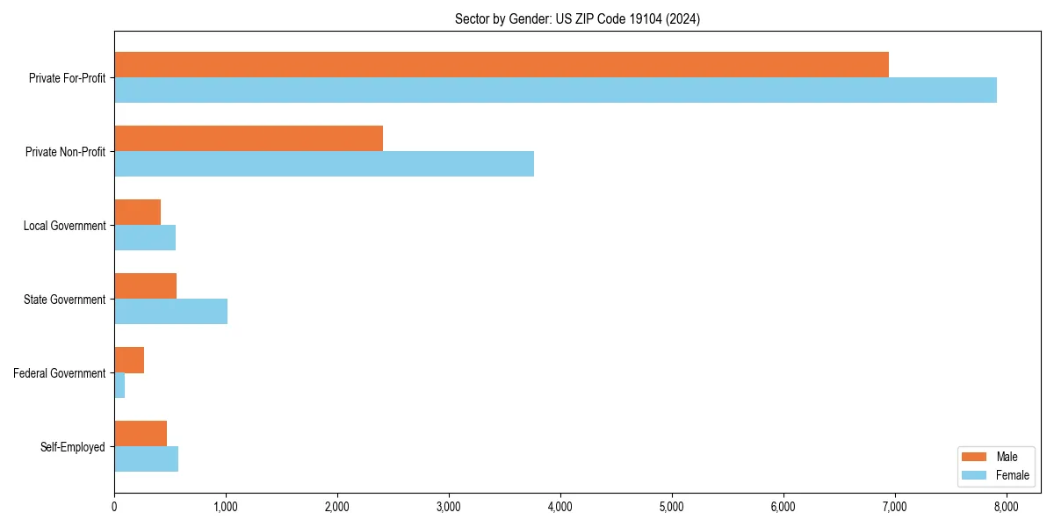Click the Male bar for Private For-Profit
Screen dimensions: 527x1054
[x=501, y=65]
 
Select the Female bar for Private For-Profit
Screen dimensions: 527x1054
[x=555, y=90]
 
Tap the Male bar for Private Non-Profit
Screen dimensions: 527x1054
[x=249, y=139]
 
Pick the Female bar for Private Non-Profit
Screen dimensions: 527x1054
[x=324, y=164]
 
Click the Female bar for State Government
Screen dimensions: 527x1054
[x=170, y=312]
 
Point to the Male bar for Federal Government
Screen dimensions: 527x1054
[x=129, y=360]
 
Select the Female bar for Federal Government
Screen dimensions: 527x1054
[x=119, y=386]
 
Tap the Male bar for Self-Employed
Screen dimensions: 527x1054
[x=141, y=434]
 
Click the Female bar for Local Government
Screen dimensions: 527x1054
[x=145, y=238]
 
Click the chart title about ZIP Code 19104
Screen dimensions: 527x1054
[x=577, y=19]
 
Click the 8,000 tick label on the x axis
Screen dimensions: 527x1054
[x=1006, y=506]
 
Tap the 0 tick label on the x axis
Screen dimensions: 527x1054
[x=114, y=506]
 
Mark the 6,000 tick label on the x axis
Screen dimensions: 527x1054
[x=783, y=506]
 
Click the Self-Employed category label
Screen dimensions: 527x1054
[x=72, y=447]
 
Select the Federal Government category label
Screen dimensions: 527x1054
[x=60, y=373]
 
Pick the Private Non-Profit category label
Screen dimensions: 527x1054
[x=65, y=152]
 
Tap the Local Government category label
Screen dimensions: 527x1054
[x=64, y=226]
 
